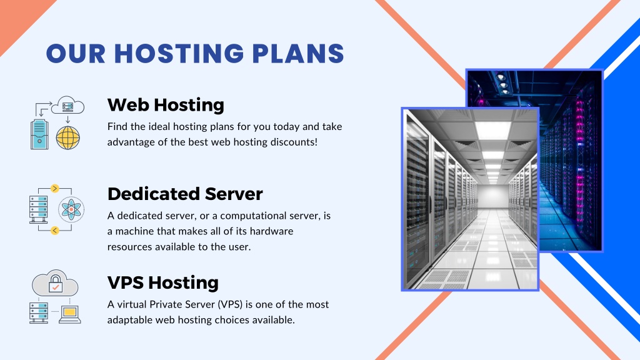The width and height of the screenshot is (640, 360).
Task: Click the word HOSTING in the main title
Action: pos(179,54)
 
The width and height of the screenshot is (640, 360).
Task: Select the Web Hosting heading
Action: pos(166,105)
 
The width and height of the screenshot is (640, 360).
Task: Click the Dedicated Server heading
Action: pos(185,194)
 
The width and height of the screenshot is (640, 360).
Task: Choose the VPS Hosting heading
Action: pos(163,282)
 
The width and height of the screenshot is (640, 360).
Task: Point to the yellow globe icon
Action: pos(67,137)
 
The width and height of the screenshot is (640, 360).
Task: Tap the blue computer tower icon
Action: pos(39,134)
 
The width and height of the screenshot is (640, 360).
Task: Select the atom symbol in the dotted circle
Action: pos(71,209)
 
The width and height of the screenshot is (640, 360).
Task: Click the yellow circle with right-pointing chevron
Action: pos(55,188)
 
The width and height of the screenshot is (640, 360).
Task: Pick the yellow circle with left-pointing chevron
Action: pos(55,231)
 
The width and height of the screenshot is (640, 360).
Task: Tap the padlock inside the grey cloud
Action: pos(56,283)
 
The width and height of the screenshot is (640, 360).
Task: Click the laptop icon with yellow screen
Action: pos(70,314)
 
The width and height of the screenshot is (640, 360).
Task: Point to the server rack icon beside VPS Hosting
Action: pos(39,312)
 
